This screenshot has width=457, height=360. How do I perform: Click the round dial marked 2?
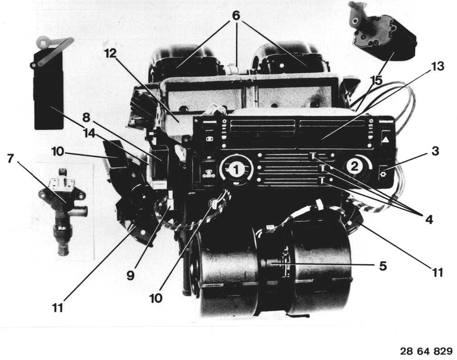tap(355, 167)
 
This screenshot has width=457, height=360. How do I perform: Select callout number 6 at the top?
tap(236, 15)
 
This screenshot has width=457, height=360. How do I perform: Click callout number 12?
tap(111, 53)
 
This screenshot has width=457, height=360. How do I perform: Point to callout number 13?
tap(437, 67)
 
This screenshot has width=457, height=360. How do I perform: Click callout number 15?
tap(377, 80)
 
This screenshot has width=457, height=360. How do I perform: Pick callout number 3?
tap(435, 151)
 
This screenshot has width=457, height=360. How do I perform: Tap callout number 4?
tap(429, 220)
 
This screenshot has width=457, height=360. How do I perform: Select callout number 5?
tap(383, 265)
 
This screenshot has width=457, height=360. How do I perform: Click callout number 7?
tap(10, 159)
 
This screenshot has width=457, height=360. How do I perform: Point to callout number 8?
tap(86, 118)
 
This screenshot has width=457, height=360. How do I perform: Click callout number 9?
tap(131, 275)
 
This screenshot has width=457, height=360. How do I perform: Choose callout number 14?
tap(89, 133)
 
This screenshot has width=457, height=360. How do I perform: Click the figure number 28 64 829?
tap(426, 351)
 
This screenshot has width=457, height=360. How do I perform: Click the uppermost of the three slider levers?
tap(312, 156)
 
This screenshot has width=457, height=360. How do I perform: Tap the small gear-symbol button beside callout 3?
tap(383, 174)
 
